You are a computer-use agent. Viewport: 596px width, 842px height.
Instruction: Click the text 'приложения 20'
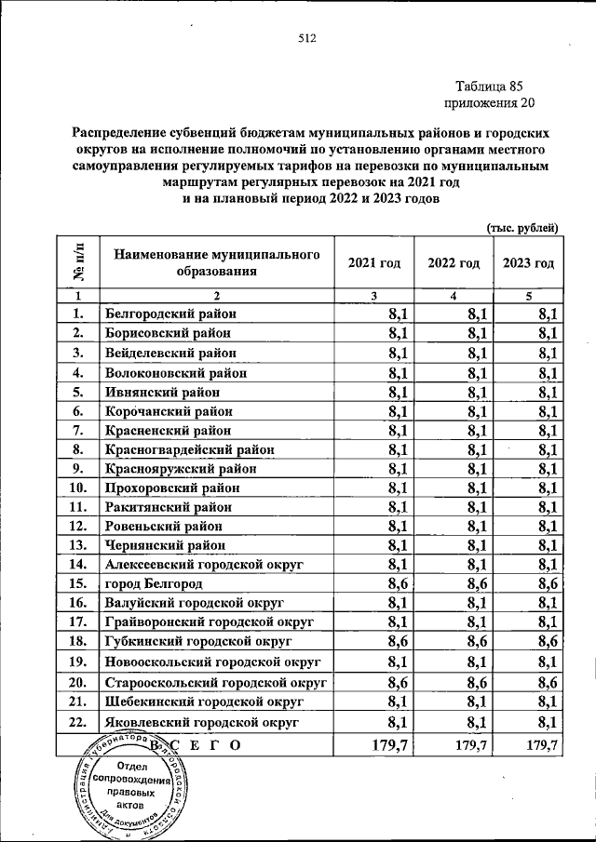coord(491,102)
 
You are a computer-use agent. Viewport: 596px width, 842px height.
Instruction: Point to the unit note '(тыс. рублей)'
coord(522,227)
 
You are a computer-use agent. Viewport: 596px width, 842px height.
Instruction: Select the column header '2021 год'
coord(373,263)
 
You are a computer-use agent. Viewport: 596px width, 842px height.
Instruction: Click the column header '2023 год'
coord(528,263)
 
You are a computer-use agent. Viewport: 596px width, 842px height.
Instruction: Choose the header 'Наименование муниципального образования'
coord(210,262)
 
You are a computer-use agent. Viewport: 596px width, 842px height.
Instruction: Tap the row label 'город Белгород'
coord(155,583)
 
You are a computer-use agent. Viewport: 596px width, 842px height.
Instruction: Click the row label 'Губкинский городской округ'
coord(198,641)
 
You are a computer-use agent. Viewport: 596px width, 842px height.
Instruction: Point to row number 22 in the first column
coord(78,721)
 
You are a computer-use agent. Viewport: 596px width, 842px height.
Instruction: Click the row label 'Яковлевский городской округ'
coord(201,721)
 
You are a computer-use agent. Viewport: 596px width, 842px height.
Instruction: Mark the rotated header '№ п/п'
coord(79,262)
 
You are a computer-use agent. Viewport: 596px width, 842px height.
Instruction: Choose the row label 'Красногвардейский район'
coord(189,448)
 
